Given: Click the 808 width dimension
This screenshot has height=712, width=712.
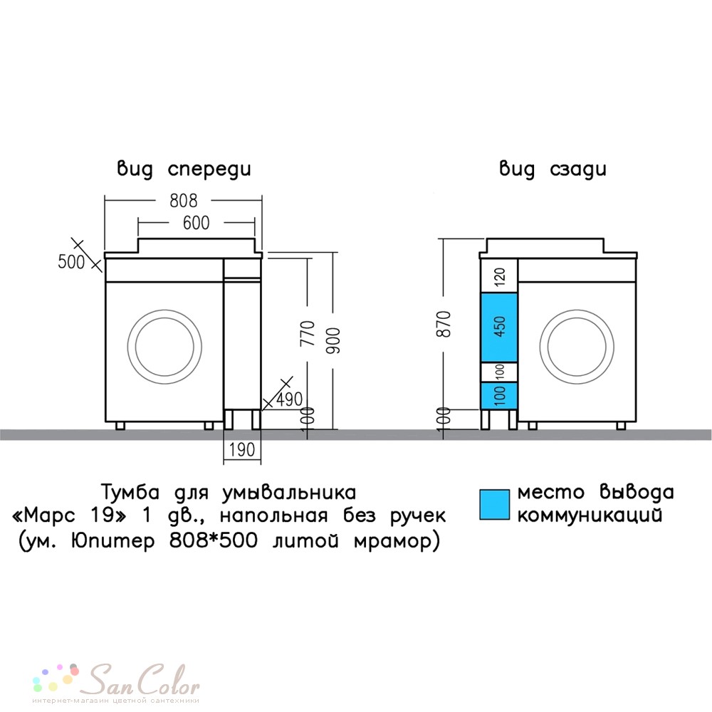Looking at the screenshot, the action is pyautogui.click(x=184, y=200).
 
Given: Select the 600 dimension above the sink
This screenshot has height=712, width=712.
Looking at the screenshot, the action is pyautogui.click(x=197, y=222).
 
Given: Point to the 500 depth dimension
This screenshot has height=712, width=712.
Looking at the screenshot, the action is pyautogui.click(x=71, y=261).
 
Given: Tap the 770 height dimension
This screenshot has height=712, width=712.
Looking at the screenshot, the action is pyautogui.click(x=308, y=333).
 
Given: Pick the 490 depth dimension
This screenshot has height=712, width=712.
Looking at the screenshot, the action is pyautogui.click(x=289, y=399).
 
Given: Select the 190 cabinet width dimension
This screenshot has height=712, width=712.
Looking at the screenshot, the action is pyautogui.click(x=242, y=449).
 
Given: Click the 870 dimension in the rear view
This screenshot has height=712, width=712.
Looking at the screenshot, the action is pyautogui.click(x=443, y=324).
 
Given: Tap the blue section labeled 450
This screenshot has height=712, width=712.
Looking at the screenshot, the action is pyautogui.click(x=499, y=328).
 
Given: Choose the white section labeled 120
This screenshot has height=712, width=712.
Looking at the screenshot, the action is pyautogui.click(x=499, y=276).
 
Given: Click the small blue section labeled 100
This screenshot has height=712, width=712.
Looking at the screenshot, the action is pyautogui.click(x=499, y=395).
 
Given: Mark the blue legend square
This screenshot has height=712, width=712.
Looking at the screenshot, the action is pyautogui.click(x=495, y=505).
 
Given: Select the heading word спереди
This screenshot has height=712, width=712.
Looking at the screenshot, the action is pyautogui.click(x=209, y=169).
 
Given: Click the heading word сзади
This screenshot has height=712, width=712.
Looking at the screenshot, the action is pyautogui.click(x=578, y=169).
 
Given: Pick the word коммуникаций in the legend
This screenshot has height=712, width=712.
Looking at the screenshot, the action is pyautogui.click(x=590, y=515).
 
